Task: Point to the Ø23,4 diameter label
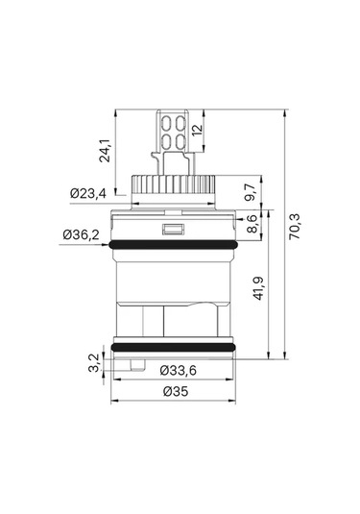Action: coord(89,193)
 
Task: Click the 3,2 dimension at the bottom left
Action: coord(92,364)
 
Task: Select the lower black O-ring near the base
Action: coord(174,346)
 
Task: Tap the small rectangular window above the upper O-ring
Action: coord(174,230)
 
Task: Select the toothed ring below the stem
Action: coord(174,182)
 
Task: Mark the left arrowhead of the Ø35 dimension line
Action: coord(116,401)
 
